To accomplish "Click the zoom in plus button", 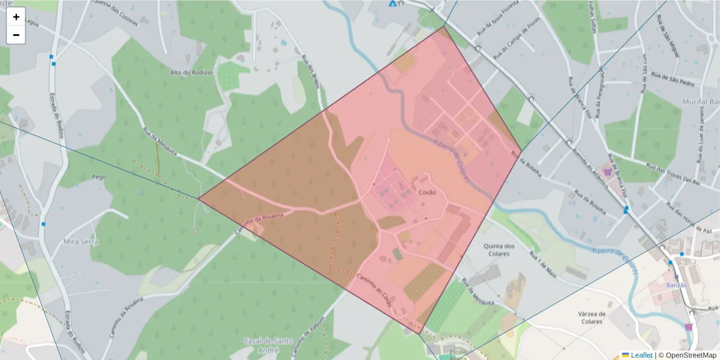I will (16, 17).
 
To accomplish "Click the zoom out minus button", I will (16, 35).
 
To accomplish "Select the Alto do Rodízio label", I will (191, 73).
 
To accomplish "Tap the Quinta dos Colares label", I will (499, 249).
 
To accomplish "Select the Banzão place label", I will (676, 284).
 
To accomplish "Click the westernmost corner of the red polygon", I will (199, 199).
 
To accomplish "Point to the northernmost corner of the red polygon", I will (443, 26).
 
